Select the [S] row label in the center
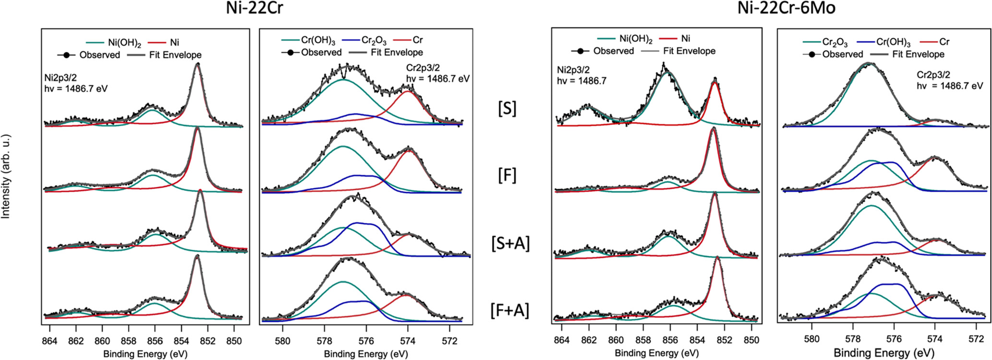pos(508,108)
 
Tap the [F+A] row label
pos(509,310)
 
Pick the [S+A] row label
pos(510,243)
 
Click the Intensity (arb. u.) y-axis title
pos(6,176)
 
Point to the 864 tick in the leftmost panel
pos(49,341)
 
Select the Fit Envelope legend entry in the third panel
pos(689,51)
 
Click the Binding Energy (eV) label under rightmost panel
pos(884,353)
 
